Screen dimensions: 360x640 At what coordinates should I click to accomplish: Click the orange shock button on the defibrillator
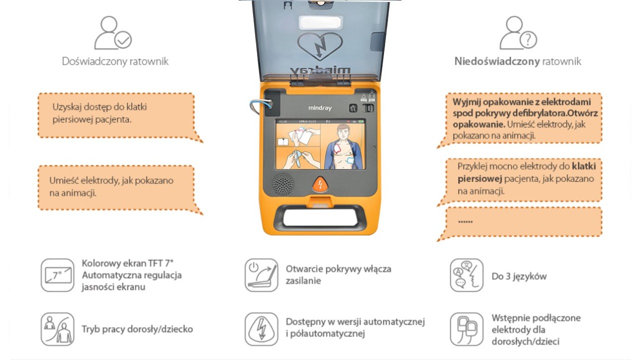[319, 184]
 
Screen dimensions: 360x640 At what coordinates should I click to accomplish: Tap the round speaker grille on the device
[283, 184]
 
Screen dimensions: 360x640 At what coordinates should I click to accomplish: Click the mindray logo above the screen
[319, 108]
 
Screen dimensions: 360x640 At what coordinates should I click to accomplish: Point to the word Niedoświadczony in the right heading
[497, 61]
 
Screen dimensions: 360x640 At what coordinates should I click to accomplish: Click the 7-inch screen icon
[57, 275]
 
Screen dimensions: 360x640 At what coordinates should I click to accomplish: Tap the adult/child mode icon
[57, 329]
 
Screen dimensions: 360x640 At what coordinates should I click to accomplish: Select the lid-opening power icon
[261, 275]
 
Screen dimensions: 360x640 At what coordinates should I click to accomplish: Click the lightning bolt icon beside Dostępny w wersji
[261, 329]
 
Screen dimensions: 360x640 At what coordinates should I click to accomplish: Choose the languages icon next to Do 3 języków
[466, 275]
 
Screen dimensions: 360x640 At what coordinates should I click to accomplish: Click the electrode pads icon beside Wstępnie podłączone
[466, 329]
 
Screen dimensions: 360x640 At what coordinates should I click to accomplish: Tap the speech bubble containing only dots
[522, 221]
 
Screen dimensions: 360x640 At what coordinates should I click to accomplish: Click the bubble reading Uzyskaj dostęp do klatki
[116, 114]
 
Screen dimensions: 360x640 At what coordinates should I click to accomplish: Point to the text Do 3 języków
[519, 276]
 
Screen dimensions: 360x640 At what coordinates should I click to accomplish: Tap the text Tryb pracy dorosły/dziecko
[137, 329]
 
